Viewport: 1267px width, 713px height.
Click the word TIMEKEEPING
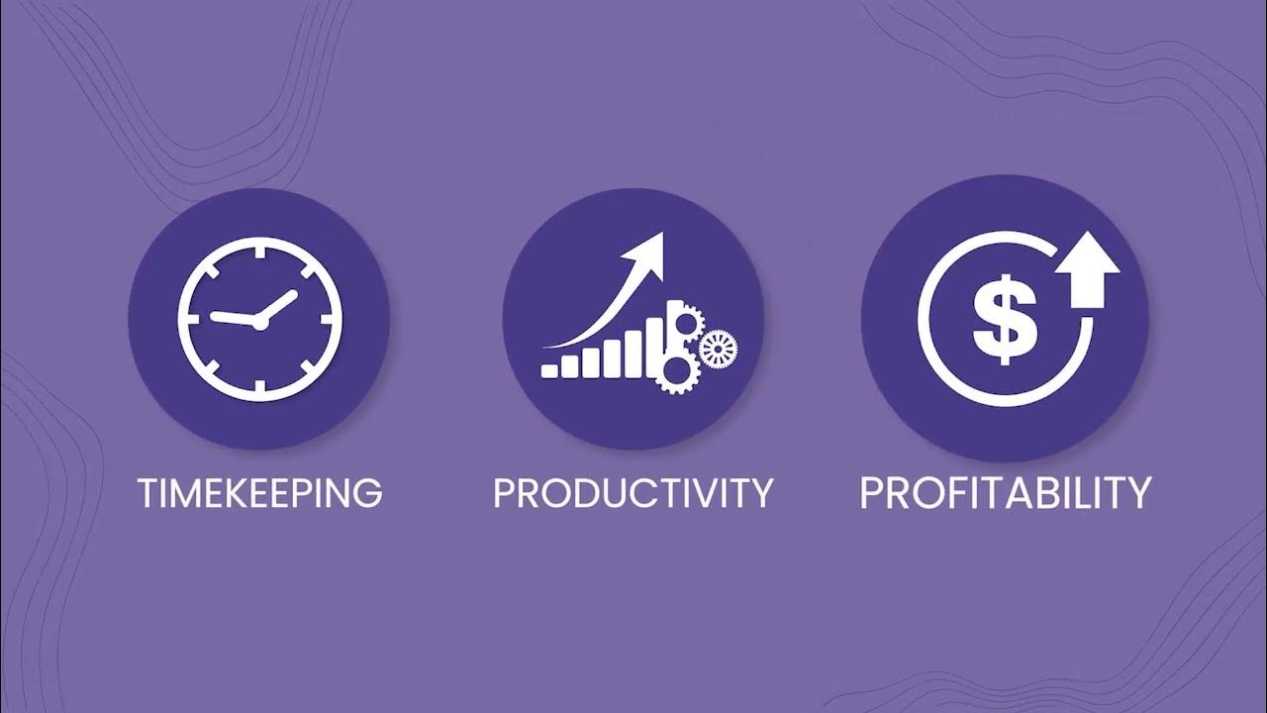point(260,492)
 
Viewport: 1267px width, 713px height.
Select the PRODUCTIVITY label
point(633,492)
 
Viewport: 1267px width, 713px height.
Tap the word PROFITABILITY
point(1005,492)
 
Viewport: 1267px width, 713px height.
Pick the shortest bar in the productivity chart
point(549,369)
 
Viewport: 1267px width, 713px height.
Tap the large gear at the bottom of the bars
point(676,374)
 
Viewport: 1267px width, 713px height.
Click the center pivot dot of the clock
point(259,322)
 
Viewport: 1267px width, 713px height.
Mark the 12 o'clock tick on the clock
point(259,254)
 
